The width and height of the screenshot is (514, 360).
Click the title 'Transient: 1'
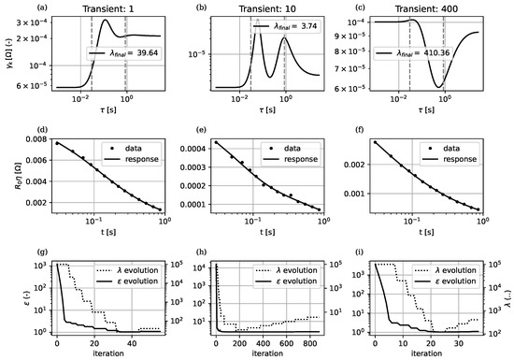click(x=100, y=6)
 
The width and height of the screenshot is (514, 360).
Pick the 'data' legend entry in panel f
click(x=460, y=148)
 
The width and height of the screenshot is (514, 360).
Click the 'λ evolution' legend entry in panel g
click(x=135, y=270)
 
